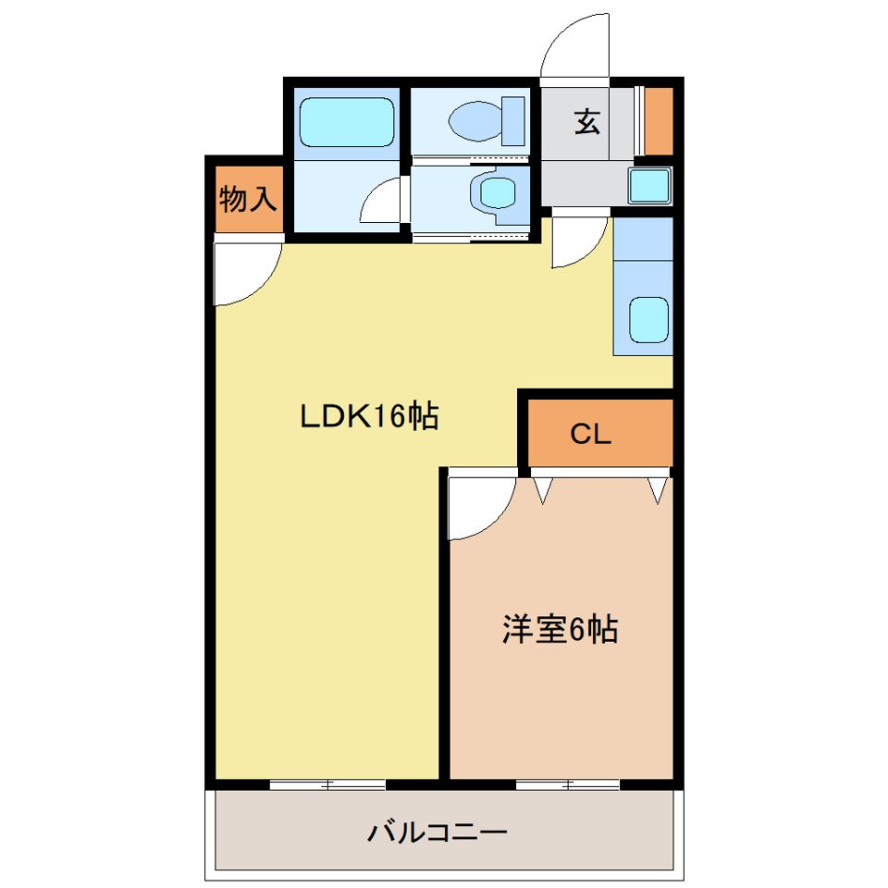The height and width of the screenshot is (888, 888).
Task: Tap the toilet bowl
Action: [x=474, y=121]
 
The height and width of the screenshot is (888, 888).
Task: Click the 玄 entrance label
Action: [x=586, y=121]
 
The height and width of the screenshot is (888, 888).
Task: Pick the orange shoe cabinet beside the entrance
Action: [x=659, y=120]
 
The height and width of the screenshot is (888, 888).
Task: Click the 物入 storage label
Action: [x=248, y=198]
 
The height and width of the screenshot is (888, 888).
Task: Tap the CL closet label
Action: [x=590, y=434]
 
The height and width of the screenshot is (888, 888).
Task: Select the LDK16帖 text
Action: [x=367, y=417]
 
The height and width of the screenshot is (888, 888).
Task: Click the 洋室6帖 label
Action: [x=560, y=630]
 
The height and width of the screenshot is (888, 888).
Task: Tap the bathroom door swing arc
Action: [x=381, y=202]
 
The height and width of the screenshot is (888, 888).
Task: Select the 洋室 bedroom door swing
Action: [x=479, y=509]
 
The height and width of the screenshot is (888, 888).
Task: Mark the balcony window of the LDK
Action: [x=327, y=784]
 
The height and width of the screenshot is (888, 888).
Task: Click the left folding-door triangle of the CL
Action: [x=542, y=490]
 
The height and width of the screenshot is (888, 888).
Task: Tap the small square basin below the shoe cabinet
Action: [x=649, y=186]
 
